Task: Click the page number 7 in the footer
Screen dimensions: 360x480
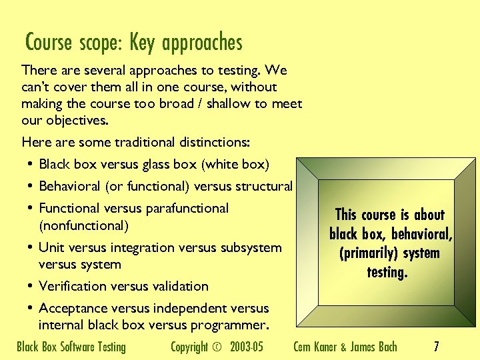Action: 436,346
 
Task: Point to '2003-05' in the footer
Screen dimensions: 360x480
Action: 247,347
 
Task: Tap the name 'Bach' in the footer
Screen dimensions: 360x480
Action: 385,347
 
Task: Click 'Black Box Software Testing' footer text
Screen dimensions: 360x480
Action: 71,347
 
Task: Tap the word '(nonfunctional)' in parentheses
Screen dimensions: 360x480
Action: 83,225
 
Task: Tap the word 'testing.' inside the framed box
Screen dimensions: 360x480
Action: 387,272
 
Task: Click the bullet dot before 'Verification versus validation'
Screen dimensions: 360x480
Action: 31,286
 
